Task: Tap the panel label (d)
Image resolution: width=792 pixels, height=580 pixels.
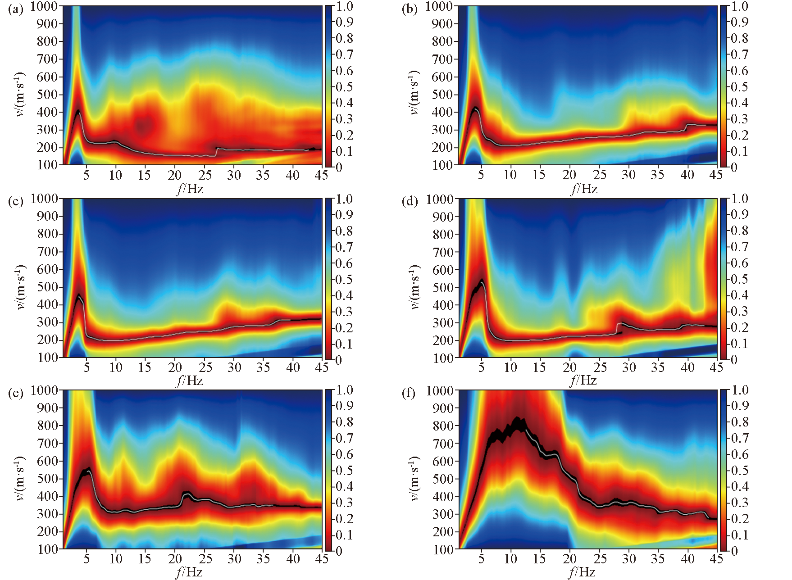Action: click(x=410, y=201)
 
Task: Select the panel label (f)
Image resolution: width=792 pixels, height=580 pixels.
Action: click(x=409, y=393)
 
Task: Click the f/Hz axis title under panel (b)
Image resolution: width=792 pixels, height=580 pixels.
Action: click(x=584, y=189)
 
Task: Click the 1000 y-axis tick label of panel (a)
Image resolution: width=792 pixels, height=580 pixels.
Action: click(x=44, y=6)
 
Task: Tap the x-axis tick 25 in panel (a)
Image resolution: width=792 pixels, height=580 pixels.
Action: click(x=205, y=175)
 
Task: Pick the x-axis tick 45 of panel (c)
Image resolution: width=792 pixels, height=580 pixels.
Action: click(x=322, y=367)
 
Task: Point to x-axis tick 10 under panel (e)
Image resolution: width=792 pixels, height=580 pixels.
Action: click(x=116, y=559)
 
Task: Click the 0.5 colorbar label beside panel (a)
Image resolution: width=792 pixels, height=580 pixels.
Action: click(x=344, y=87)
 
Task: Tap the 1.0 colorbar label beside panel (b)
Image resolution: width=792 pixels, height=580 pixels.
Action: click(x=739, y=6)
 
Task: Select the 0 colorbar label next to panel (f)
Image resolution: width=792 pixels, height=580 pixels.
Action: click(x=734, y=551)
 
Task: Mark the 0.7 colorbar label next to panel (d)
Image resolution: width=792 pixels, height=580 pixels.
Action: click(x=739, y=247)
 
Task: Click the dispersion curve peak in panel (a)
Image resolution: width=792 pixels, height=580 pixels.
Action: click(x=78, y=110)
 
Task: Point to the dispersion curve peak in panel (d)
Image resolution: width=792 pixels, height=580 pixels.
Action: click(x=482, y=281)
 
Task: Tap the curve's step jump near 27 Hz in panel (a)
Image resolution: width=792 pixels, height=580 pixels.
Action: click(x=216, y=152)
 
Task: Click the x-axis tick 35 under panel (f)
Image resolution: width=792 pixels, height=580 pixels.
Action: click(x=658, y=559)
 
